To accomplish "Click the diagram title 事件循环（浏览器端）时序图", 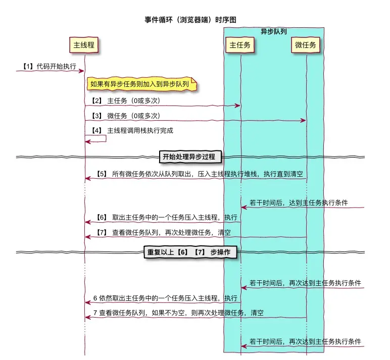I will pyautogui.click(x=190, y=20).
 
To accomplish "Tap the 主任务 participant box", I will pyautogui.click(x=240, y=45).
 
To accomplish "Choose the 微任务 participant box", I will pyautogui.click(x=306, y=45).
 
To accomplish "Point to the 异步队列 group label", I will pyautogui.click(x=273, y=31).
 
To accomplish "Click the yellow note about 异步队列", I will pyautogui.click(x=141, y=84).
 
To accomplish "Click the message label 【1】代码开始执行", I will pyautogui.click(x=50, y=66).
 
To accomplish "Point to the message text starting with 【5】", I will pyautogui.click(x=199, y=174).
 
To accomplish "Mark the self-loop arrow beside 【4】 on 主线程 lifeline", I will pyautogui.click(x=99, y=138).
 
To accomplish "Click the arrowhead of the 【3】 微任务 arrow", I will pyautogui.click(x=304, y=120).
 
